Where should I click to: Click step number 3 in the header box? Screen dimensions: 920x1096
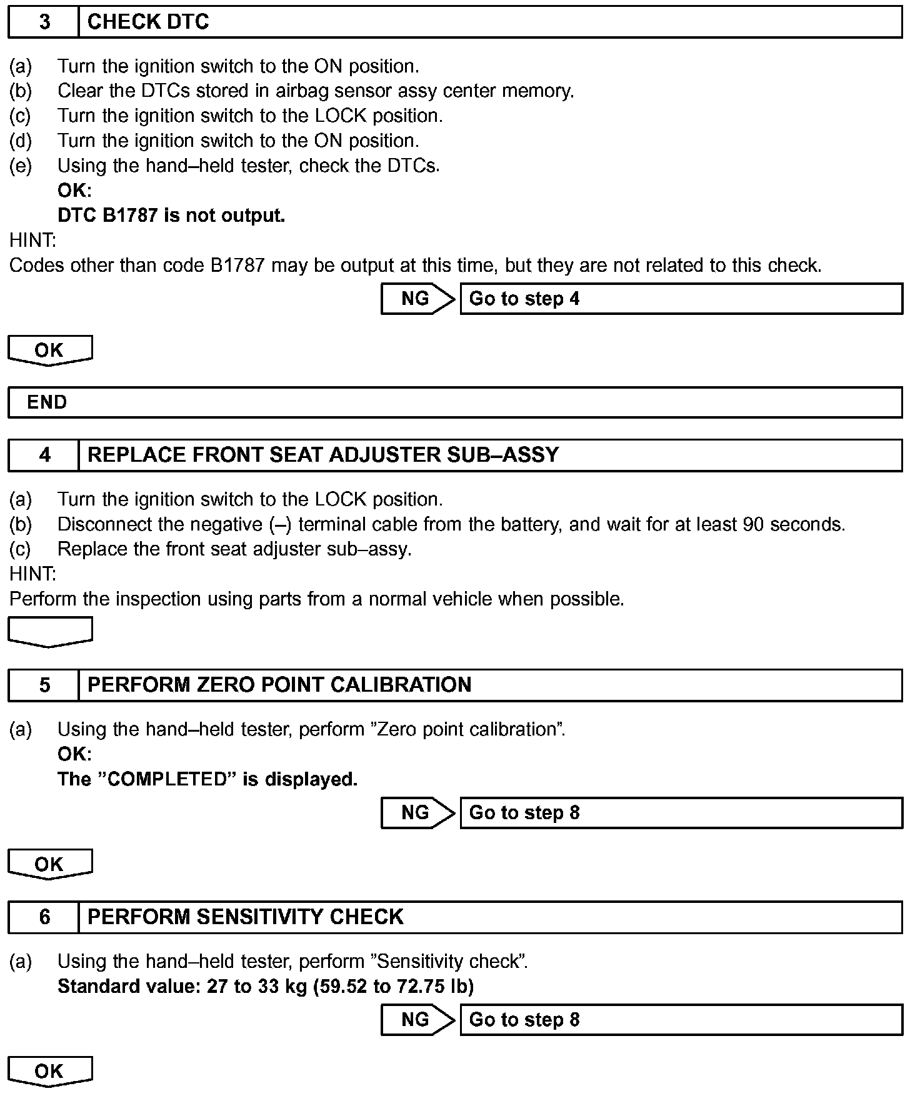coord(44,22)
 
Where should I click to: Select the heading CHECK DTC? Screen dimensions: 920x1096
coord(148,22)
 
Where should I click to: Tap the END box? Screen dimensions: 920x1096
coord(454,402)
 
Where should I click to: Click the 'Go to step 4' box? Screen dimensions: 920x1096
coord(681,299)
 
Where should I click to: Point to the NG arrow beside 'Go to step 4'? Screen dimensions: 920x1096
coord(417,299)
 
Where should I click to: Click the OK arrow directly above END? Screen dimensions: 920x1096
coord(49,350)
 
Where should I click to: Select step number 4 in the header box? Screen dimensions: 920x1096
coord(44,455)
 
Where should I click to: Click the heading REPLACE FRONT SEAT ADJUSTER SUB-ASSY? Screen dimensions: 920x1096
coord(322,455)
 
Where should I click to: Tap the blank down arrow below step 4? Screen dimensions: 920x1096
coord(49,631)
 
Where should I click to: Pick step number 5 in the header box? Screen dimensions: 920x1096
coord(44,685)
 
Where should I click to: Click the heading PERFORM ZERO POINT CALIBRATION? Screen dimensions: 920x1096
coord(279,685)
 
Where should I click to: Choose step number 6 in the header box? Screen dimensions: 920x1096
coord(44,917)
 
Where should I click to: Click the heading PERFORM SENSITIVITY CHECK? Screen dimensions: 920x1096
coord(245,917)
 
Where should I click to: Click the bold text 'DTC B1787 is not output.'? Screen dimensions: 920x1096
coord(171,216)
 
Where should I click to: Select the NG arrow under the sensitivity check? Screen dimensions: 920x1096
coord(417,1019)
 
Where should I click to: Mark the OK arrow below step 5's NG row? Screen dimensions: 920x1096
coord(49,864)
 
